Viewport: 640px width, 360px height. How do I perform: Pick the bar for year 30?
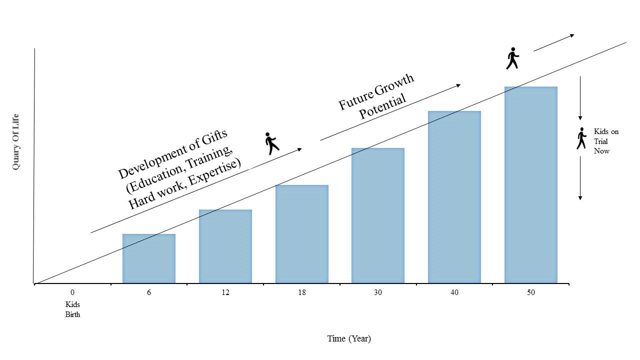(377, 215)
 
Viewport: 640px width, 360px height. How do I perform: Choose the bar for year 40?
(454, 197)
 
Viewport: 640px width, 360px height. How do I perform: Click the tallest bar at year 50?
(530, 185)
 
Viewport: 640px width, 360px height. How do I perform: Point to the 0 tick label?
(72, 292)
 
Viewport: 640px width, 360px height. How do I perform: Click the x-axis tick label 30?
(377, 292)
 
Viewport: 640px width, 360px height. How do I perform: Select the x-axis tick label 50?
(530, 292)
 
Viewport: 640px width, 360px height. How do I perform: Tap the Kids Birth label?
(72, 309)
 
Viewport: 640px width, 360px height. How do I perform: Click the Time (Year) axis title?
(349, 338)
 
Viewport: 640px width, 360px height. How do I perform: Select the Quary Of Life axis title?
(16, 142)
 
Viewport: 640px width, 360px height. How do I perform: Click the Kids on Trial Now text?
(605, 141)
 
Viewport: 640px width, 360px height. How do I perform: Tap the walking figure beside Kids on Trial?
(580, 138)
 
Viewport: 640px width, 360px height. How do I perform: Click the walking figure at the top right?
(512, 58)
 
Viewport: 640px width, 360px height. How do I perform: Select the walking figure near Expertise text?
(271, 143)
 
